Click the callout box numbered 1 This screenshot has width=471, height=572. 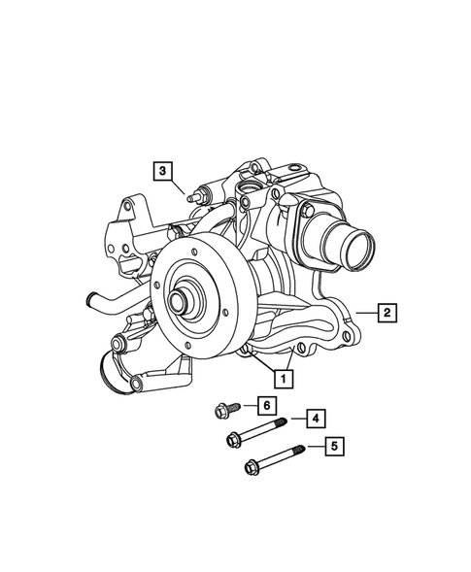286,375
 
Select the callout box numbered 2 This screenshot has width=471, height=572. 386,312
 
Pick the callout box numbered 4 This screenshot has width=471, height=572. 317,419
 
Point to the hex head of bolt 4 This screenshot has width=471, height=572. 234,439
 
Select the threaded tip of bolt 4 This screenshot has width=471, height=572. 283,422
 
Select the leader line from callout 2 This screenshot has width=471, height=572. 363,312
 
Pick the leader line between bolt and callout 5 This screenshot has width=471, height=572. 315,448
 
